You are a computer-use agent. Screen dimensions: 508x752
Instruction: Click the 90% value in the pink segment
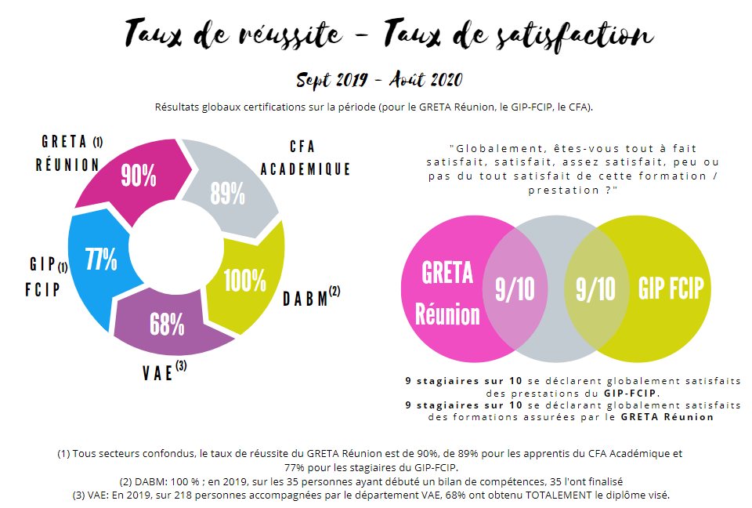[138, 176]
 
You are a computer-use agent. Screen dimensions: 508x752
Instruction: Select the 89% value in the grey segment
[227, 192]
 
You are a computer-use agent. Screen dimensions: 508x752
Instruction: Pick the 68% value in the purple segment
[167, 323]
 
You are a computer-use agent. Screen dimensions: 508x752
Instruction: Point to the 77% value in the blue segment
[101, 259]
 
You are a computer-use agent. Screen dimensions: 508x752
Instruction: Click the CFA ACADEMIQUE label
[305, 158]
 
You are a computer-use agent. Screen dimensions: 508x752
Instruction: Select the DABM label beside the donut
[307, 299]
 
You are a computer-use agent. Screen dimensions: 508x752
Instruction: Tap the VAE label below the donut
[158, 373]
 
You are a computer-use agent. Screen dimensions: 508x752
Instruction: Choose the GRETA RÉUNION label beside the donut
[67, 154]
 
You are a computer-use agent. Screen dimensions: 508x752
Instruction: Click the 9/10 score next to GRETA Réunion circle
[515, 289]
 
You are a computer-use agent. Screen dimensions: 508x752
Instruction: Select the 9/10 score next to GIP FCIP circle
[595, 289]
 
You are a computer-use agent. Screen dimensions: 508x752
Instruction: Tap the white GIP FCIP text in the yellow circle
[672, 288]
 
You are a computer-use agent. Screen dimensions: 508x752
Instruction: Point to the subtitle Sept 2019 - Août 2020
[379, 80]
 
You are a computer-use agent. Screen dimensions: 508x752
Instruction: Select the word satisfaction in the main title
[571, 34]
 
